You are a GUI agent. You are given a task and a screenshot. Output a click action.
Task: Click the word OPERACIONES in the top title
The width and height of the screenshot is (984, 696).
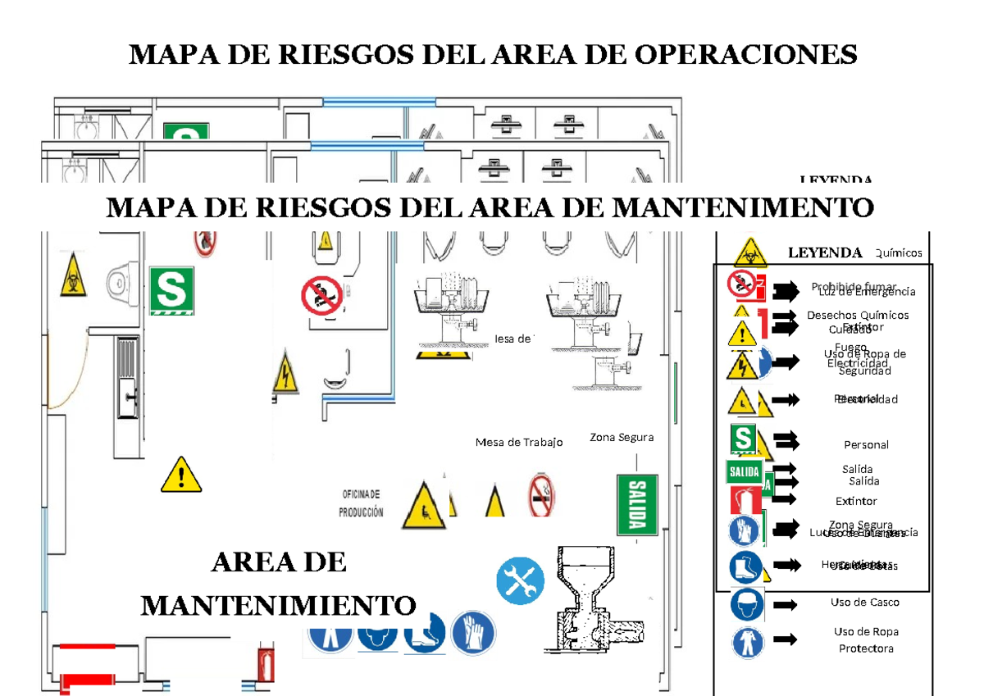[743, 55]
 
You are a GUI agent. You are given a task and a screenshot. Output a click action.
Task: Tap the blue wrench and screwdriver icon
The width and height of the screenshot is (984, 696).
[520, 581]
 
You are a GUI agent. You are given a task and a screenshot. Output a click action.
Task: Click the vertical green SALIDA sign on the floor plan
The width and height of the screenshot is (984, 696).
[637, 503]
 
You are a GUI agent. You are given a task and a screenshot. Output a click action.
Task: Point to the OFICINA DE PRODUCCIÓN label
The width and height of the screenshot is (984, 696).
[362, 503]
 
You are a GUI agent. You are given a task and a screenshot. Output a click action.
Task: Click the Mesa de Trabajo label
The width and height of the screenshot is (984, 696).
[519, 443]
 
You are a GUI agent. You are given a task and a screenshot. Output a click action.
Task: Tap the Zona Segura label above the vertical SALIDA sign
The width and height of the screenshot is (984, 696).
[622, 438]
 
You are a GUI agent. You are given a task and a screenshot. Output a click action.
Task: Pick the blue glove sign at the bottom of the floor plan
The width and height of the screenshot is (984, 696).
[473, 632]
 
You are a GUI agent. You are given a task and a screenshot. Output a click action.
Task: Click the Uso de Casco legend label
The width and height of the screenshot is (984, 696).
[864, 603]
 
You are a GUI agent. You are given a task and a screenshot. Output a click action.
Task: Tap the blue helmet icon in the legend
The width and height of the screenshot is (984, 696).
[747, 606]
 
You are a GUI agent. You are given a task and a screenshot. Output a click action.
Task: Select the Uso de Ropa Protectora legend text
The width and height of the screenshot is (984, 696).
[866, 640]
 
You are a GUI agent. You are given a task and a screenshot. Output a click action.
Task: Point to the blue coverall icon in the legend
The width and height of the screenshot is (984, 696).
[747, 643]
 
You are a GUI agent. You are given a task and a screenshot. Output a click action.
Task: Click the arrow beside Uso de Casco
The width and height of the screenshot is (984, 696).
[786, 605]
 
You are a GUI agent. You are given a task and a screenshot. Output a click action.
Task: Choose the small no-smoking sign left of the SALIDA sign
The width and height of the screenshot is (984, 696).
[541, 495]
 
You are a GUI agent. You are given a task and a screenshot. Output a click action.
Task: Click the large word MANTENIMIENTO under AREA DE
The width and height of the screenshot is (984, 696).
[279, 606]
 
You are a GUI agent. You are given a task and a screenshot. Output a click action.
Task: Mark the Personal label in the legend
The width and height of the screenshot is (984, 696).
[866, 445]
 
